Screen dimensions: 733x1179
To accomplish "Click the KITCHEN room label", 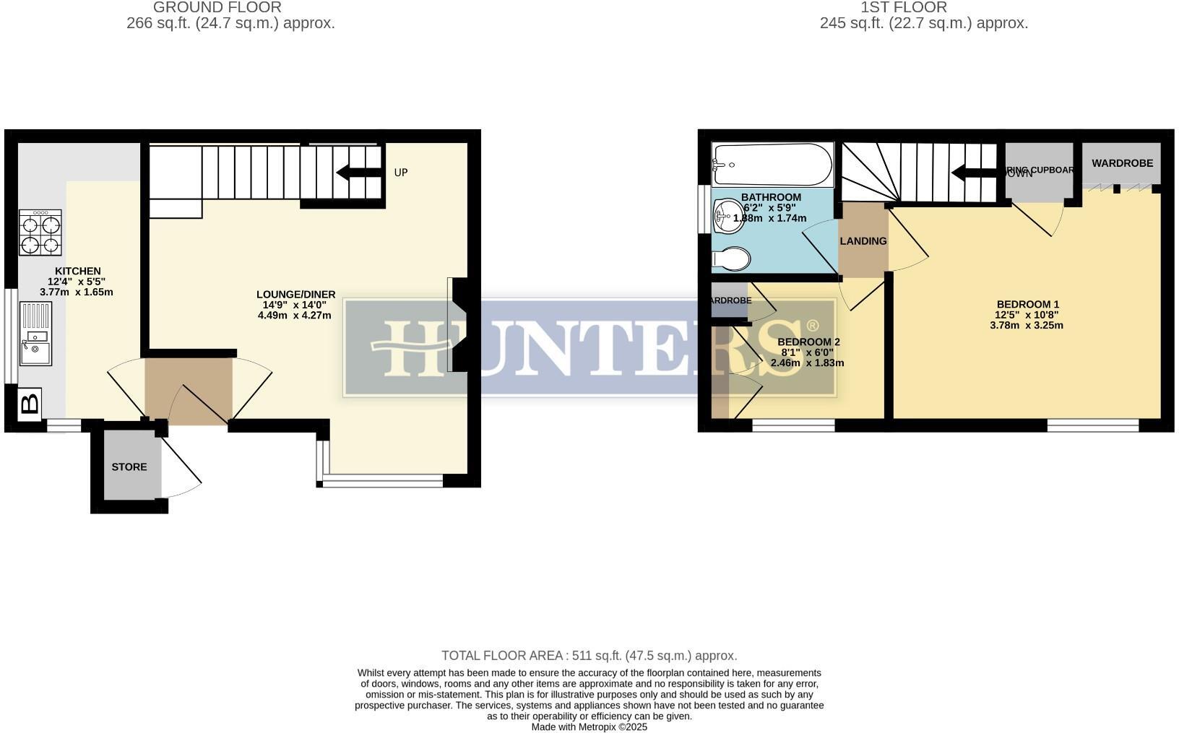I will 77,272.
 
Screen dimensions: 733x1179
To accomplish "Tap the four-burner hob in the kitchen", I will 40,233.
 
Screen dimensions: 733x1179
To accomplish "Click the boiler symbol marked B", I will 30,403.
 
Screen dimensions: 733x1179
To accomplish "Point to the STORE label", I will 129,467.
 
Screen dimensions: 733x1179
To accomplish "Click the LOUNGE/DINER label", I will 295,295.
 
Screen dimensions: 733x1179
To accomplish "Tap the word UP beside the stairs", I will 401,173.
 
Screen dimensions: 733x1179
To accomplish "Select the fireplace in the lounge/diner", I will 459,325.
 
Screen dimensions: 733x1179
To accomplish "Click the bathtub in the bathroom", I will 772,165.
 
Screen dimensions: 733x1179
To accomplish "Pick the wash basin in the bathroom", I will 728,216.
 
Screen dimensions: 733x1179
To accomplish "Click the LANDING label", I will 863,241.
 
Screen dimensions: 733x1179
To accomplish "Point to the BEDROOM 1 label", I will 1027,304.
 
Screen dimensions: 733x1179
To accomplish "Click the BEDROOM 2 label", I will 808,342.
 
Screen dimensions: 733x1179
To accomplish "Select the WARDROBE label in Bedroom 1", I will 1122,163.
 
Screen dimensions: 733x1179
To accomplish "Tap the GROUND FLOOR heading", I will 217,7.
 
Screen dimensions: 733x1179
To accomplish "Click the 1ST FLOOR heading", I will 903,7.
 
